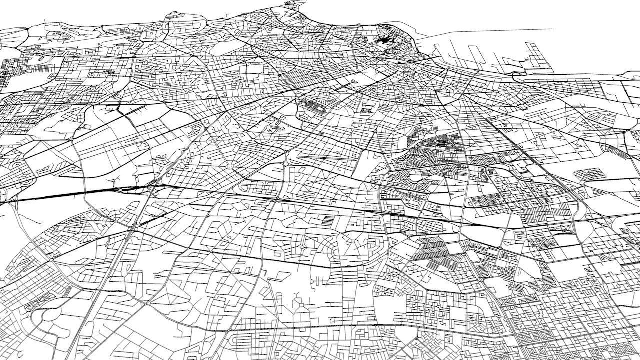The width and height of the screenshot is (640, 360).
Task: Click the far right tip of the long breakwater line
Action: [x=551, y=29]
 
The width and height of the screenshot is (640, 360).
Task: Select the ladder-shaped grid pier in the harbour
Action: [x=535, y=54]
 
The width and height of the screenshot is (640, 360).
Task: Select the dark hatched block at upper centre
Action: [x=312, y=105]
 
